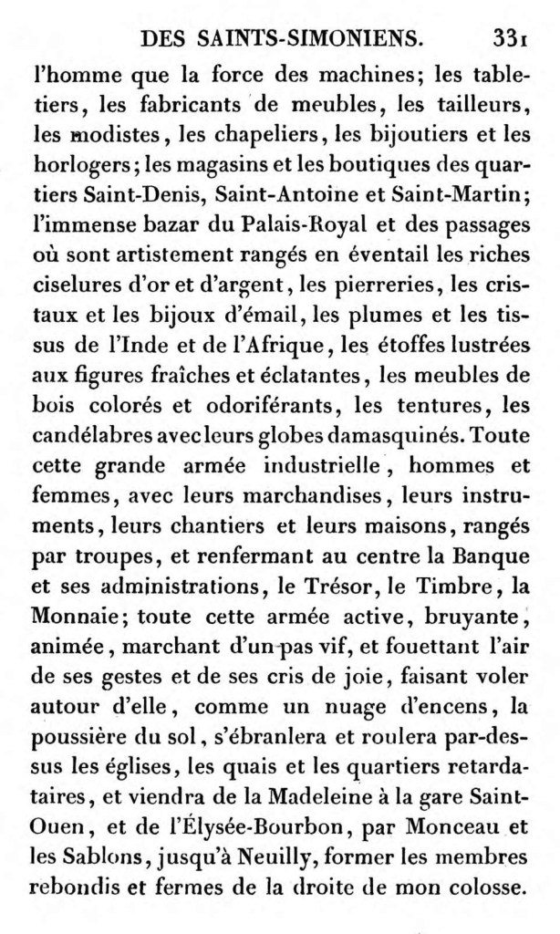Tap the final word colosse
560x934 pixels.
click(x=480, y=885)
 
